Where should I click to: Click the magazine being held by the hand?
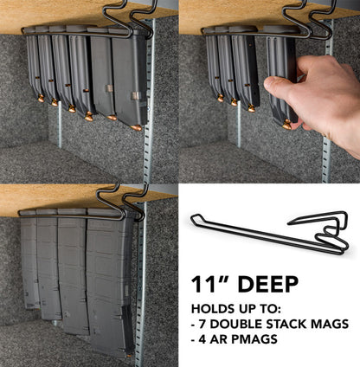pyautogui.click(x=280, y=78)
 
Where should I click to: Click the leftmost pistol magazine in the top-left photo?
pyautogui.click(x=33, y=65)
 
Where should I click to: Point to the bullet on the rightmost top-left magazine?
pyautogui.click(x=136, y=128)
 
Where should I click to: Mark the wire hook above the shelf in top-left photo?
pyautogui.click(x=121, y=19)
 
